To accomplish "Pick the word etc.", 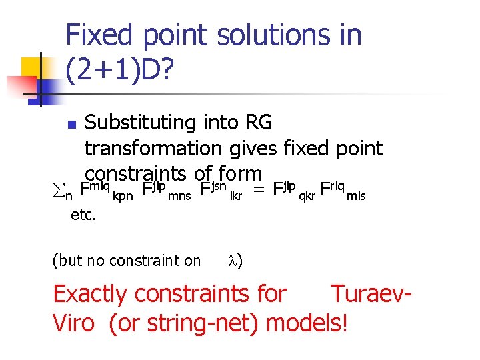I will [x=84, y=215].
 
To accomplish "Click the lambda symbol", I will [x=233, y=261].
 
